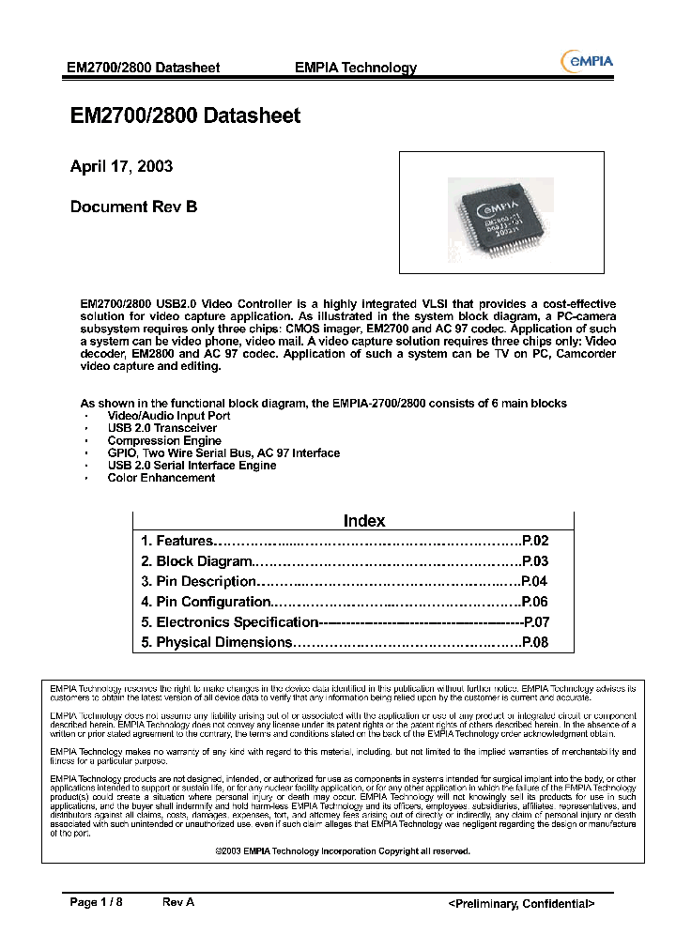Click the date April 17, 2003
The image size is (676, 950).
(121, 167)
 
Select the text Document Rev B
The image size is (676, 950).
(133, 207)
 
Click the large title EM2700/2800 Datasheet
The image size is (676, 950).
(185, 116)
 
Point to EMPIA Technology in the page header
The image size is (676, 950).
(355, 68)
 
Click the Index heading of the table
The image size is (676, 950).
(364, 521)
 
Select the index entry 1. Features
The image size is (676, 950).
(177, 541)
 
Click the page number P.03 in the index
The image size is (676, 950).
(534, 561)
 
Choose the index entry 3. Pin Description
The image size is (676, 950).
(198, 582)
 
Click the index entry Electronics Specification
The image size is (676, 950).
(230, 622)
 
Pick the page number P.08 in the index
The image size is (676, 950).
(534, 643)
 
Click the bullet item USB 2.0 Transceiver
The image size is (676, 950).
(161, 428)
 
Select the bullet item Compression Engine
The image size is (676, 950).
(164, 440)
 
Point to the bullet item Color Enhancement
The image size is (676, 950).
(161, 478)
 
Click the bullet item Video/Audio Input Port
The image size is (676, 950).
(168, 415)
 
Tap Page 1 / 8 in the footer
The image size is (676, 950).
(97, 902)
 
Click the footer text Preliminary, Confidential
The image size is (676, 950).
(521, 903)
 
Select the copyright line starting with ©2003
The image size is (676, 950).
(342, 850)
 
